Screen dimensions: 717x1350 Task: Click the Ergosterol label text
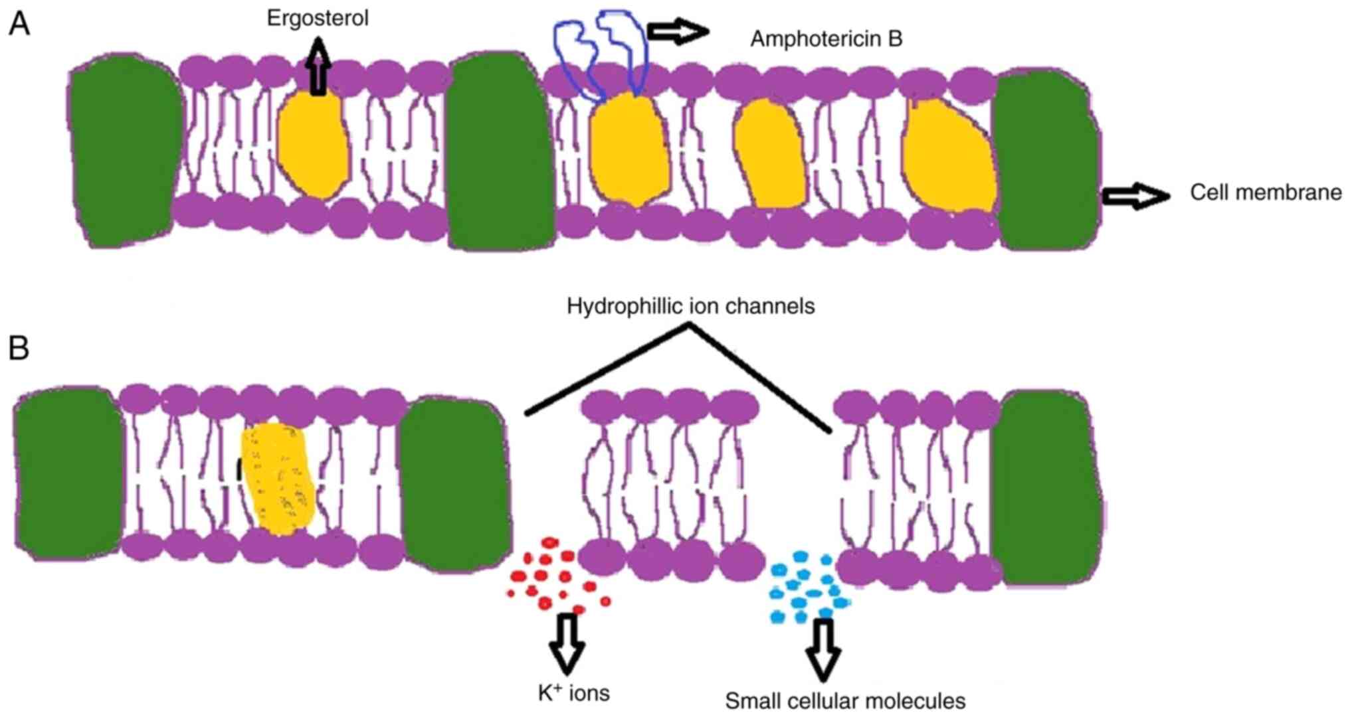(x=318, y=18)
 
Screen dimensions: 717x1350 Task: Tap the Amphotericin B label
(x=826, y=39)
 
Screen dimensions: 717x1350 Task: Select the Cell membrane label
(x=1265, y=193)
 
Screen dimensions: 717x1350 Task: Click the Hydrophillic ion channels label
(x=690, y=306)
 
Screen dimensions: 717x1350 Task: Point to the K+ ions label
(x=573, y=693)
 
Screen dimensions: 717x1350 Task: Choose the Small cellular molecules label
(x=845, y=700)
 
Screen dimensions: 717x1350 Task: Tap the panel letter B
(x=19, y=347)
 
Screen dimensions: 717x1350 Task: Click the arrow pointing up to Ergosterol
(x=320, y=65)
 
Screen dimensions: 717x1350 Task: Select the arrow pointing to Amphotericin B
(x=677, y=31)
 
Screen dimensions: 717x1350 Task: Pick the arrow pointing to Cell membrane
(x=1135, y=196)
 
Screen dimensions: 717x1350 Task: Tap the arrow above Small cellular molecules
(x=823, y=649)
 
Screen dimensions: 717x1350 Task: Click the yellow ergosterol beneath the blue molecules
(x=628, y=149)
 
